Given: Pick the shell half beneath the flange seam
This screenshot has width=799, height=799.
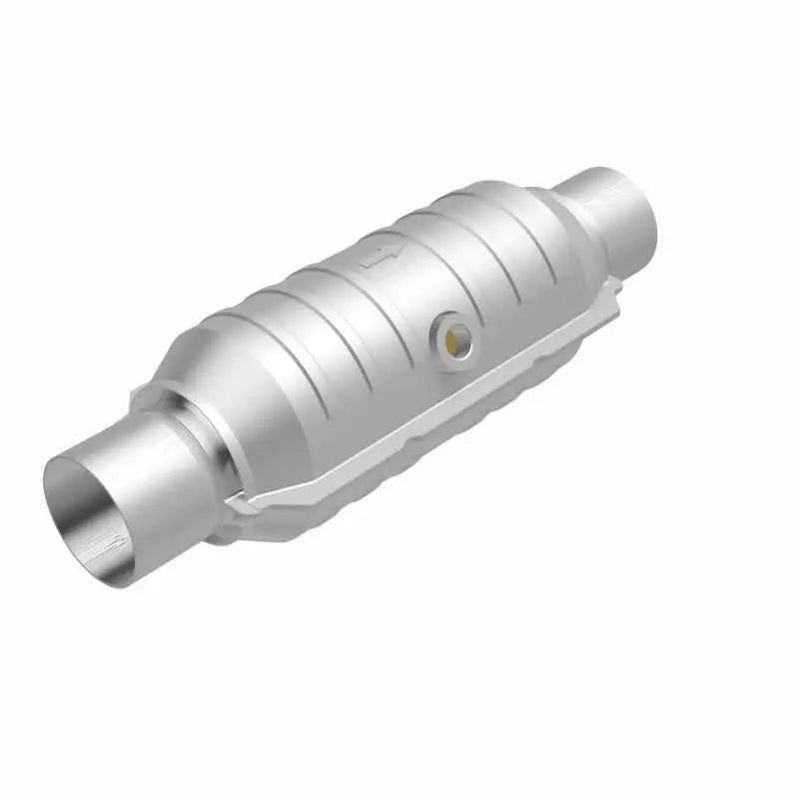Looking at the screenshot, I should pyautogui.click(x=399, y=469).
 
